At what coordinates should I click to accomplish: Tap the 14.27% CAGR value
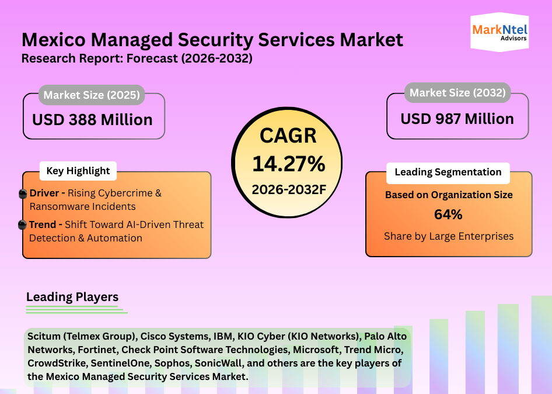pos(288,164)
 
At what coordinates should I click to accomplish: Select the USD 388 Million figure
pos(92,120)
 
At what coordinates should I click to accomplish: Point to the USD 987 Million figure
pos(457,119)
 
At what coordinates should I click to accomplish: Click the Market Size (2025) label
pos(92,95)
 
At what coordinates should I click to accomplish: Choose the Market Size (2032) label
pos(457,92)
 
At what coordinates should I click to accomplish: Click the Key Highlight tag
pos(78,171)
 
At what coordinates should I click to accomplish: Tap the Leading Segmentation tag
pos(448,172)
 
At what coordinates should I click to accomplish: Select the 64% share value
pos(448,215)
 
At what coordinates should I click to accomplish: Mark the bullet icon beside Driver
pos(23,193)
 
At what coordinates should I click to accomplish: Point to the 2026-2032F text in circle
pos(288,189)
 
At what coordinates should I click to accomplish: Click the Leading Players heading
pos(72,297)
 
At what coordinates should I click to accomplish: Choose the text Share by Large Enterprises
pos(448,236)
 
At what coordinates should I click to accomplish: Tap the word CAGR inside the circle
pos(288,136)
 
